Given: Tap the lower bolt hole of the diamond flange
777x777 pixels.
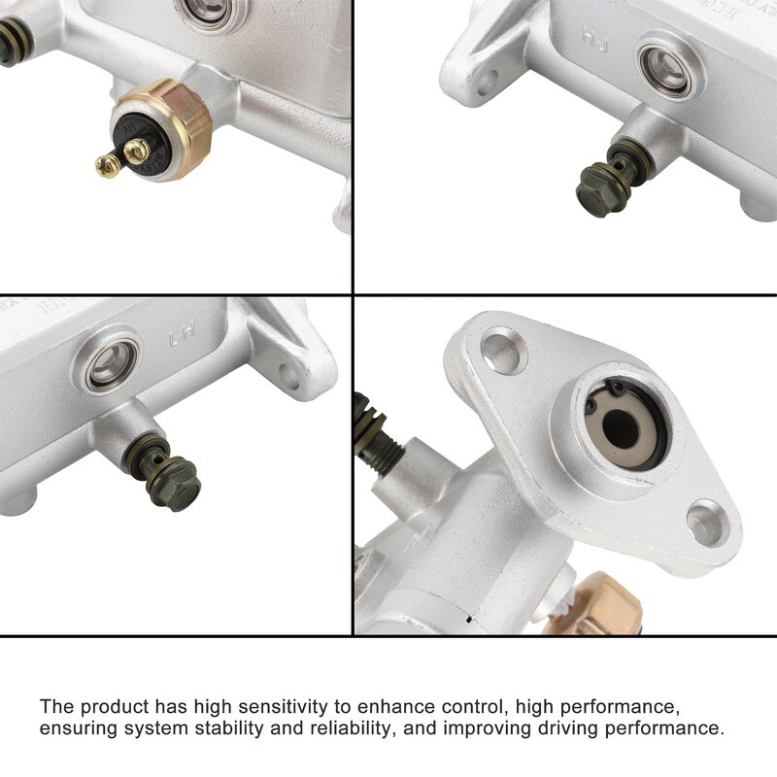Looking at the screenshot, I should coord(706,521).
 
